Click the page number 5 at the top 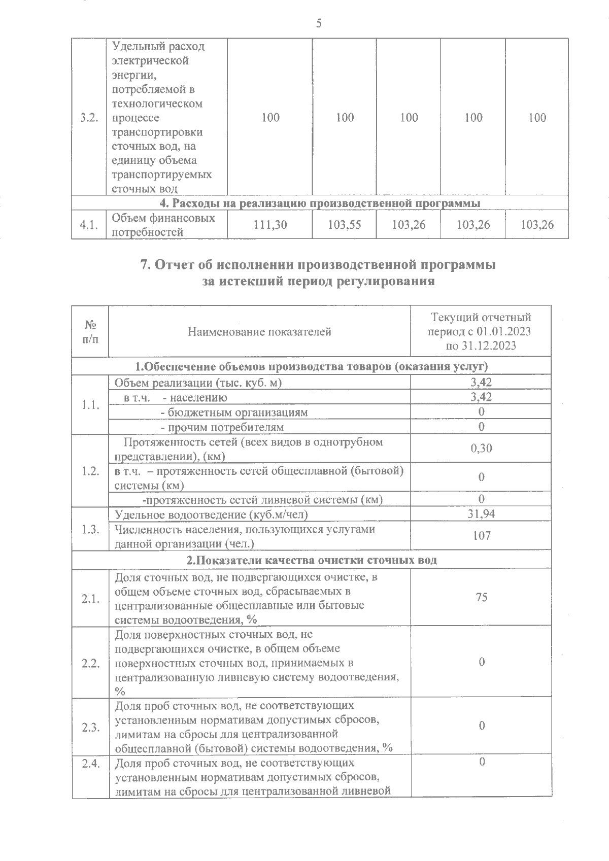tap(319, 23)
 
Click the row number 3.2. tap(89, 118)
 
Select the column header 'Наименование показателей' tap(259, 332)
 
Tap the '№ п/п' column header tap(90, 332)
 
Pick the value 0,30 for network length tap(481, 449)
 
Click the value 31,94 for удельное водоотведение tap(481, 514)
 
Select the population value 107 tap(481, 536)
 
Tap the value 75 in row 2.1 tap(481, 597)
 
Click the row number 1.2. tap(90, 471)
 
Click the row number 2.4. tap(90, 763)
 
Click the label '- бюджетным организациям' tap(234, 412)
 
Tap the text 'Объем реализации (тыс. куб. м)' tap(198, 383)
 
